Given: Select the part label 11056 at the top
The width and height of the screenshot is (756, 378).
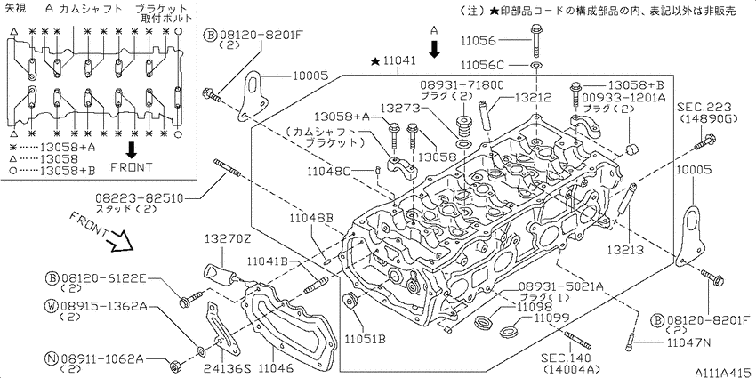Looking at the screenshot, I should click(x=483, y=41).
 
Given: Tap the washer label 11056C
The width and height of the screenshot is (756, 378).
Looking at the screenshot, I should click(x=483, y=65).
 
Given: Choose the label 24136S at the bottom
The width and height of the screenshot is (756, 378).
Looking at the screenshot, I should click(x=229, y=367).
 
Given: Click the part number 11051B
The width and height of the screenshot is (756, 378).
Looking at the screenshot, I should click(x=365, y=338).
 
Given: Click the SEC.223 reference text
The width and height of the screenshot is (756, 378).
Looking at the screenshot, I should click(x=704, y=105).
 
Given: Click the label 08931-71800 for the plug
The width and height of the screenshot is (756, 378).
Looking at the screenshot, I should click(x=462, y=84).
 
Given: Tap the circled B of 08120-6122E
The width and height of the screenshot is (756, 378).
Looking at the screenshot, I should click(x=53, y=278).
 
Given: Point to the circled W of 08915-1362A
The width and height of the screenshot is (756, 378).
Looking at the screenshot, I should click(x=53, y=306).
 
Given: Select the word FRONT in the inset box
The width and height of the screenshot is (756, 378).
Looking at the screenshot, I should click(x=132, y=166).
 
